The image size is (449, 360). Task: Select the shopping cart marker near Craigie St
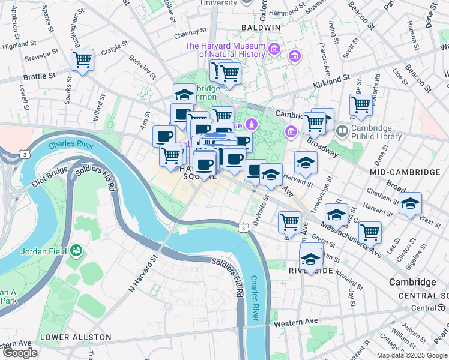point(82,59)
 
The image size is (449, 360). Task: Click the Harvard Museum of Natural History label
point(225,50)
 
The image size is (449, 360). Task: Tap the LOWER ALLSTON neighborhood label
point(75,337)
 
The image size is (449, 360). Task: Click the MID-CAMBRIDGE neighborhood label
point(405,172)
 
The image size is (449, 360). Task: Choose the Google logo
point(20,353)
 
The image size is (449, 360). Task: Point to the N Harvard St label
point(143,272)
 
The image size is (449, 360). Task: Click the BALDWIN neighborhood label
point(261,28)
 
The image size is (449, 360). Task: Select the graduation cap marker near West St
point(411,204)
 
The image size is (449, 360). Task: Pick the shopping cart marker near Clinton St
point(370,232)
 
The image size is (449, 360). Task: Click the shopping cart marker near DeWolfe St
point(290,221)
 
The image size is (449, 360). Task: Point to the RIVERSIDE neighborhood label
point(310,271)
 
